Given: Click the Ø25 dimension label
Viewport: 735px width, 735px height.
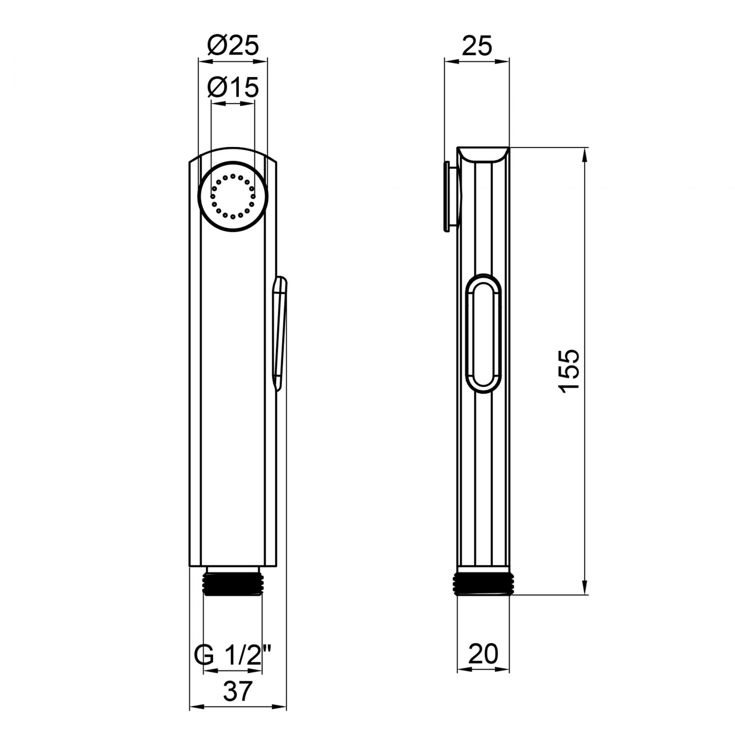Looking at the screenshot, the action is click(233, 45).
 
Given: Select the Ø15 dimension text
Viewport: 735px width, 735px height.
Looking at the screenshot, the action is click(233, 87).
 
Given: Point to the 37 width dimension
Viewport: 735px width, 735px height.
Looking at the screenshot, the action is click(238, 692).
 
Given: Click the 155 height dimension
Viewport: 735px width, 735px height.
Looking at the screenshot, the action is click(568, 371).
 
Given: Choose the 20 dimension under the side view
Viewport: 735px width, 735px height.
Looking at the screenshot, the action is click(483, 654).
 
